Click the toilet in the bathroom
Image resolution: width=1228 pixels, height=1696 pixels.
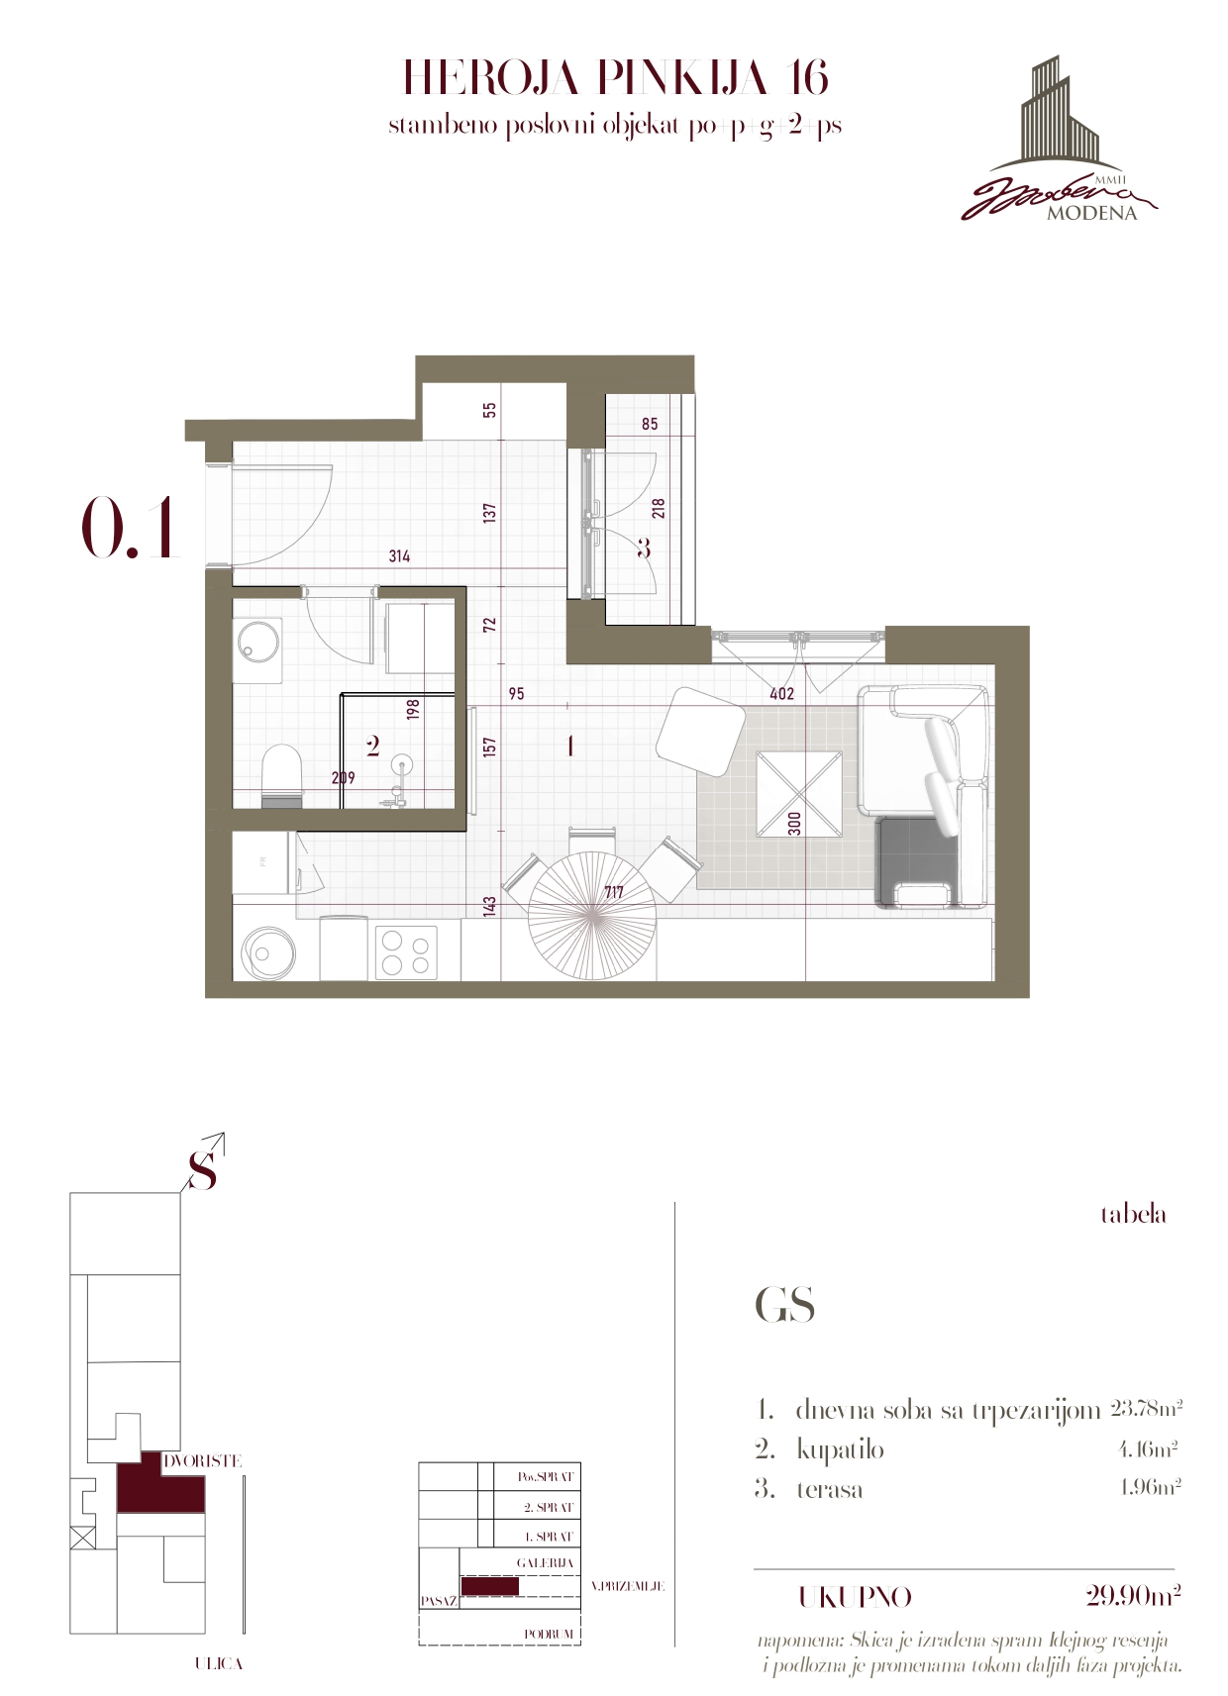(282, 776)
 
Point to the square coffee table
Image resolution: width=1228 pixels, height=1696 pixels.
(799, 793)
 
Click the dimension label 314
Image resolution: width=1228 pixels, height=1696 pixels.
(399, 556)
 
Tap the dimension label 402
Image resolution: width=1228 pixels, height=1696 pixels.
(781, 693)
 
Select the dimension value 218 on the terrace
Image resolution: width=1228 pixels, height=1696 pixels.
(659, 508)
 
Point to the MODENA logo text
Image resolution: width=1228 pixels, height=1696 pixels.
(1091, 214)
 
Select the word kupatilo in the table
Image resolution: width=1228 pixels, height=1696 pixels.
(840, 1450)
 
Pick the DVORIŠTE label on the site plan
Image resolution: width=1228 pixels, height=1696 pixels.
(203, 1461)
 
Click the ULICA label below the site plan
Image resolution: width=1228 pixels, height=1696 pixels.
(218, 1664)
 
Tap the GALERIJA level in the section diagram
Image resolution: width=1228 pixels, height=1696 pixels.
(546, 1562)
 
